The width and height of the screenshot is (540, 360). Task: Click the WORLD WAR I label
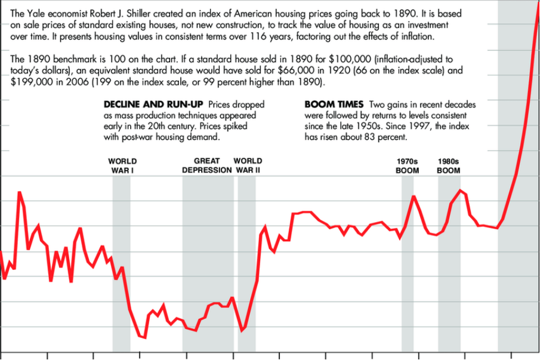(122, 165)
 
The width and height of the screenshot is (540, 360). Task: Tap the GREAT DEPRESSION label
(206, 165)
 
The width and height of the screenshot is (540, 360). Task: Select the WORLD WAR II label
(248, 165)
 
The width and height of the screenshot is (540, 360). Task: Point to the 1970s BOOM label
(408, 165)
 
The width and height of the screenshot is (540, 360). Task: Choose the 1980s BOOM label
(449, 165)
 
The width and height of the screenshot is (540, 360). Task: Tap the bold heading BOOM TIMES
(334, 104)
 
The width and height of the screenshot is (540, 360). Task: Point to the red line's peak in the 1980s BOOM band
(460, 190)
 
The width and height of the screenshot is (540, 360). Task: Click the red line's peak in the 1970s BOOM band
(413, 196)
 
